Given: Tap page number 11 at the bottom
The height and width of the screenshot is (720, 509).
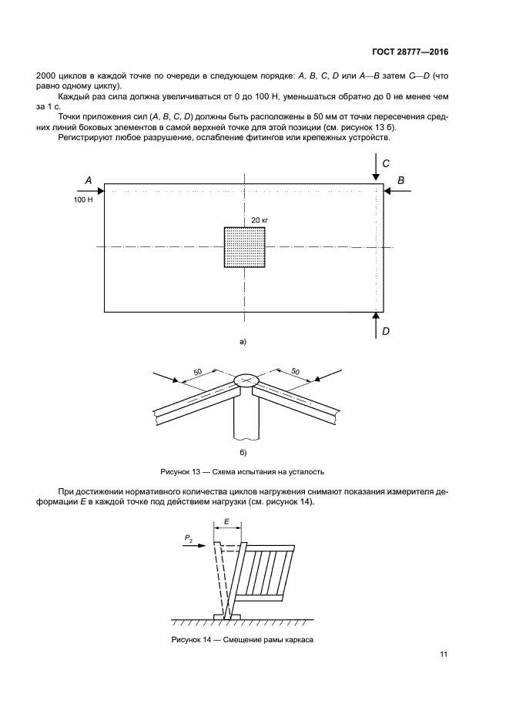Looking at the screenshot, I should (x=443, y=655).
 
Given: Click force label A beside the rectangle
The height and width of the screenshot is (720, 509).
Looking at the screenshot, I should (x=89, y=179).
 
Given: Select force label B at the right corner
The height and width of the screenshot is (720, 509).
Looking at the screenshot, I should (x=401, y=179).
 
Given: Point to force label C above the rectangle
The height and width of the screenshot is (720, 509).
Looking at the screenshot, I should (x=386, y=163).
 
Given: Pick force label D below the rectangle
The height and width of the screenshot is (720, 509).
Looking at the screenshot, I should (x=386, y=331).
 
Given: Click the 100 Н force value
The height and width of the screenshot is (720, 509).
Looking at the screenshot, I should (x=83, y=199).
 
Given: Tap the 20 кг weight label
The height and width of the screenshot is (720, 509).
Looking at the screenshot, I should (x=259, y=220).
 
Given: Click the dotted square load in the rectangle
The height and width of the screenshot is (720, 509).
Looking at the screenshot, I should (x=244, y=247).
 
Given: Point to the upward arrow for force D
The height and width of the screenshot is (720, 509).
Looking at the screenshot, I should (x=375, y=326).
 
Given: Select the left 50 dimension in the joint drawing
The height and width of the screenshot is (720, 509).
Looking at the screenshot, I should (x=198, y=373).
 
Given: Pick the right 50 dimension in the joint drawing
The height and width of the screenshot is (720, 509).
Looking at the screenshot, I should (x=294, y=373).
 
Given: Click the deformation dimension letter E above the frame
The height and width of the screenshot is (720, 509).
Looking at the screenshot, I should (x=228, y=521).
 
